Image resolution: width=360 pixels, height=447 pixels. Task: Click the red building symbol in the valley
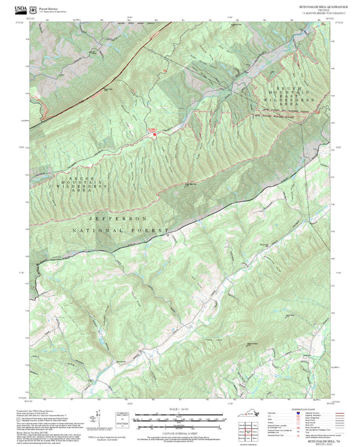pos(154,134)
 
